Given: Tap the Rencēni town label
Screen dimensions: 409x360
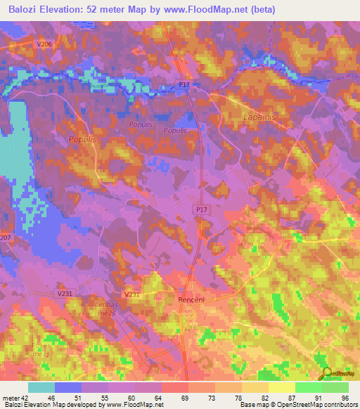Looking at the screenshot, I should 190,299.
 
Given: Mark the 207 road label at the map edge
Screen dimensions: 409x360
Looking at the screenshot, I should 6,238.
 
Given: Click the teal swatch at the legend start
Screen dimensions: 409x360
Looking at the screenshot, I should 41,387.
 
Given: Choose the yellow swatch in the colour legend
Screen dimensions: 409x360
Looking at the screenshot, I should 281,387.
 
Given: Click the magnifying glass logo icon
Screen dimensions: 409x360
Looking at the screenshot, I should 326,374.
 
